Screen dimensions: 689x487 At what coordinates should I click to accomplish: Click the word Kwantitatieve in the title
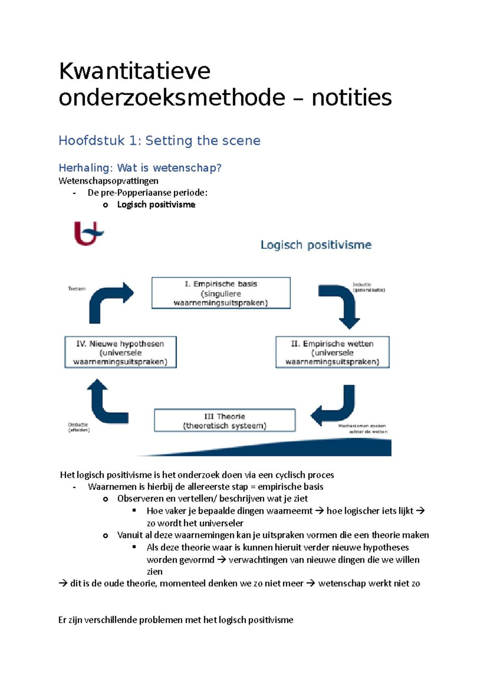click(134, 71)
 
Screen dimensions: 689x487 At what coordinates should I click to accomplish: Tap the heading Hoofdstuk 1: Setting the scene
click(159, 140)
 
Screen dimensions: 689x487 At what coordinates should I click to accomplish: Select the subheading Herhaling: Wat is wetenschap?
click(140, 168)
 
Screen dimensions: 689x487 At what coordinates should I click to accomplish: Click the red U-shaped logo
click(87, 233)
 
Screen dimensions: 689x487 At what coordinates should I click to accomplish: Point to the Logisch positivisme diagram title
click(316, 245)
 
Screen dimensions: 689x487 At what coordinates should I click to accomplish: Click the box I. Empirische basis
click(221, 293)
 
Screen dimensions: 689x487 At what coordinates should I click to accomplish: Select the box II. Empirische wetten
click(332, 352)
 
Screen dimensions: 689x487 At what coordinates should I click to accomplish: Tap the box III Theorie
click(224, 420)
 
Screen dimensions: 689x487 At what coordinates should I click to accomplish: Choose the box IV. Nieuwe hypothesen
click(120, 352)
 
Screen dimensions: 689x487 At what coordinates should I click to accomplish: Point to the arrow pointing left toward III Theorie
click(335, 406)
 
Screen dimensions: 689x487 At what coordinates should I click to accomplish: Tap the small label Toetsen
click(77, 289)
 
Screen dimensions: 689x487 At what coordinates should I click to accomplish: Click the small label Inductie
click(362, 284)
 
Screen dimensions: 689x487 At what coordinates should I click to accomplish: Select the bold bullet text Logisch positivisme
click(156, 205)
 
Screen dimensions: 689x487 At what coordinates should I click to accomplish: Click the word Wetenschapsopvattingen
click(108, 181)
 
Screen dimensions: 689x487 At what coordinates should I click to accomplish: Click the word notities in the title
click(351, 98)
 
